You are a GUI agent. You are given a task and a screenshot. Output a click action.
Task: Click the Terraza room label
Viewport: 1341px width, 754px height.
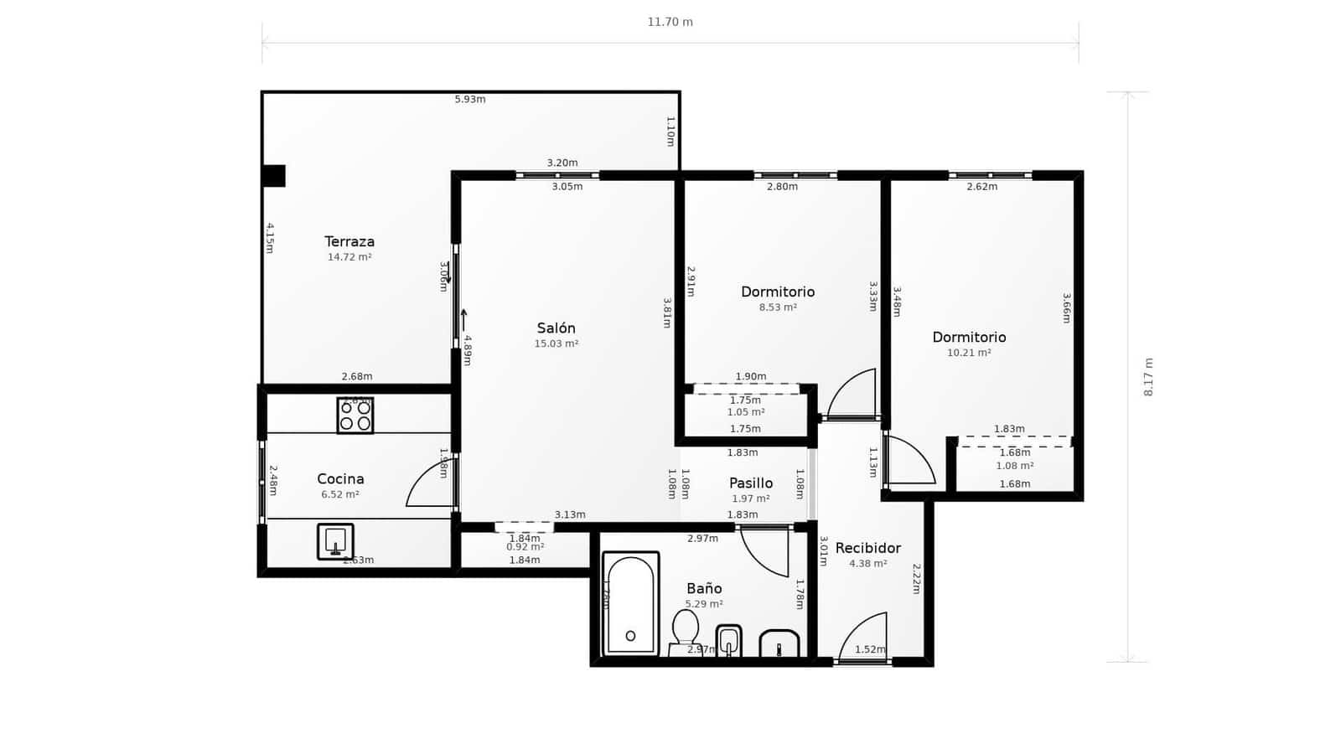(349, 242)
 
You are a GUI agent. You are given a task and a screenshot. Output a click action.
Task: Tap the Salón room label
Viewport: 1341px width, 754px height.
(556, 328)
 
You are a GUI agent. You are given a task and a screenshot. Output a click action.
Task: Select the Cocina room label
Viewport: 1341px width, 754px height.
(340, 479)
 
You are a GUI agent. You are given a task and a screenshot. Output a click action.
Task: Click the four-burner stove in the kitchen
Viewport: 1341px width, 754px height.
(355, 416)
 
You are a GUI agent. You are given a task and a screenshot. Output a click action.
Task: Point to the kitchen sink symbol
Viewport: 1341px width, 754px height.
(335, 541)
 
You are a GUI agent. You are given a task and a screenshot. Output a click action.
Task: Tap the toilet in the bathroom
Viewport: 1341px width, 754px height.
(686, 630)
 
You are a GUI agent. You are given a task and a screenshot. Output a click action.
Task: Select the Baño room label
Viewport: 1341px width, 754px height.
(704, 589)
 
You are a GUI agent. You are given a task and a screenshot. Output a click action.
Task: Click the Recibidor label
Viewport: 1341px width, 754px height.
(867, 548)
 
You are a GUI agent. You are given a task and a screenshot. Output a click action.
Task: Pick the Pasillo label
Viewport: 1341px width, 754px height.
(751, 483)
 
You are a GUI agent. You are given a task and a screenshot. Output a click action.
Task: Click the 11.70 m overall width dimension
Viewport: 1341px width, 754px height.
(670, 22)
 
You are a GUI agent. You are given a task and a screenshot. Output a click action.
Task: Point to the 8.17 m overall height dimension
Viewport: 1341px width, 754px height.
(1148, 377)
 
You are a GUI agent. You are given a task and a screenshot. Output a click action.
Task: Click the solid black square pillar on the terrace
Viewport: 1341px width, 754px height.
(273, 176)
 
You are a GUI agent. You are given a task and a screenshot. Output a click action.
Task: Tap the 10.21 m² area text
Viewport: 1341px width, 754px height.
(969, 354)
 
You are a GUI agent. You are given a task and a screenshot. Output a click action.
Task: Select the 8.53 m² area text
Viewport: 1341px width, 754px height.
(778, 307)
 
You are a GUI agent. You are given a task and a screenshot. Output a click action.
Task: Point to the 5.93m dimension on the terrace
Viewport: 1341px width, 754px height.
(470, 99)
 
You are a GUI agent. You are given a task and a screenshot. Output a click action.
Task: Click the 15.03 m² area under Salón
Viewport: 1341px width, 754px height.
(557, 343)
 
